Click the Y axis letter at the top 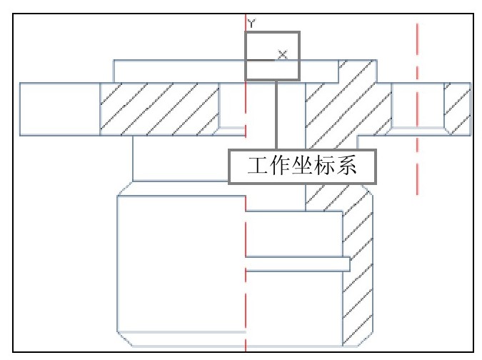tap(251, 24)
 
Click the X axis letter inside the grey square tap(283, 54)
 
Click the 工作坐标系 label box tap(302, 167)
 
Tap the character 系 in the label tap(346, 166)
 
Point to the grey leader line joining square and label tap(276, 115)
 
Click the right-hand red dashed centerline tap(417, 109)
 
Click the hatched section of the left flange tap(159, 109)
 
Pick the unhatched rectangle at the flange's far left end tap(60, 109)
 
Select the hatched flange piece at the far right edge tap(458, 109)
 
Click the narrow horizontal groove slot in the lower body tap(298, 264)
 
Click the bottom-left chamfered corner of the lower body tap(124, 339)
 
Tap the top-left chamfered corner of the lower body tap(125, 189)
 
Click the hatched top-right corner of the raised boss tap(358, 71)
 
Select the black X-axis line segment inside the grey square tap(261, 60)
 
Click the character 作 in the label tap(280, 166)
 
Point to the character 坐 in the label tap(302, 166)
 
